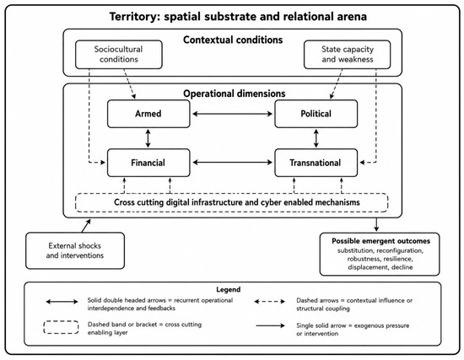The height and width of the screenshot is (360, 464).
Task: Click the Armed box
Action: click(x=148, y=114)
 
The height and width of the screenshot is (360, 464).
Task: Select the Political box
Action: click(x=316, y=114)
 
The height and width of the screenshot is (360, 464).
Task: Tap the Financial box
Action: click(x=148, y=163)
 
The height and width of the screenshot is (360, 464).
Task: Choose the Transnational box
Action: click(x=316, y=163)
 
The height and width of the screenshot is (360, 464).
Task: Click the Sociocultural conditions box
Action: click(x=119, y=55)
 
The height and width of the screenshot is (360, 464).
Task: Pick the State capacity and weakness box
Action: click(x=347, y=55)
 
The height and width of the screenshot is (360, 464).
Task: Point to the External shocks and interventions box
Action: click(x=75, y=250)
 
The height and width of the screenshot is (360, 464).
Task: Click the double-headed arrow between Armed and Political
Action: click(x=232, y=114)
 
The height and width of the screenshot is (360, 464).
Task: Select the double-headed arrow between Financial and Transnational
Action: click(x=232, y=163)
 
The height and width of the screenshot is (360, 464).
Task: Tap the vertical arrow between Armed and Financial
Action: click(x=148, y=138)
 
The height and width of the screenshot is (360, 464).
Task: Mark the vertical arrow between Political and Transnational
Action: click(x=316, y=138)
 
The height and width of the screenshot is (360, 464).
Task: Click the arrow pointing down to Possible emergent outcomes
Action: click(x=376, y=224)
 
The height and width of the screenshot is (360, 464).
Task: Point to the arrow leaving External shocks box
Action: click(x=86, y=226)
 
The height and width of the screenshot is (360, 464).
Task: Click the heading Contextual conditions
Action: click(x=233, y=40)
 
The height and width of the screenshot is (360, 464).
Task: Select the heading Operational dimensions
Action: click(x=235, y=94)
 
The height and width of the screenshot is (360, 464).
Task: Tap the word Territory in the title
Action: click(x=132, y=17)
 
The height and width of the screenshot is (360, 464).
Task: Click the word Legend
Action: click(x=228, y=289)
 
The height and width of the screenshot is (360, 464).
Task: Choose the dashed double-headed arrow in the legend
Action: click(x=270, y=302)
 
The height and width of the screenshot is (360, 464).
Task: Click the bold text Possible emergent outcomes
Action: click(x=380, y=241)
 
